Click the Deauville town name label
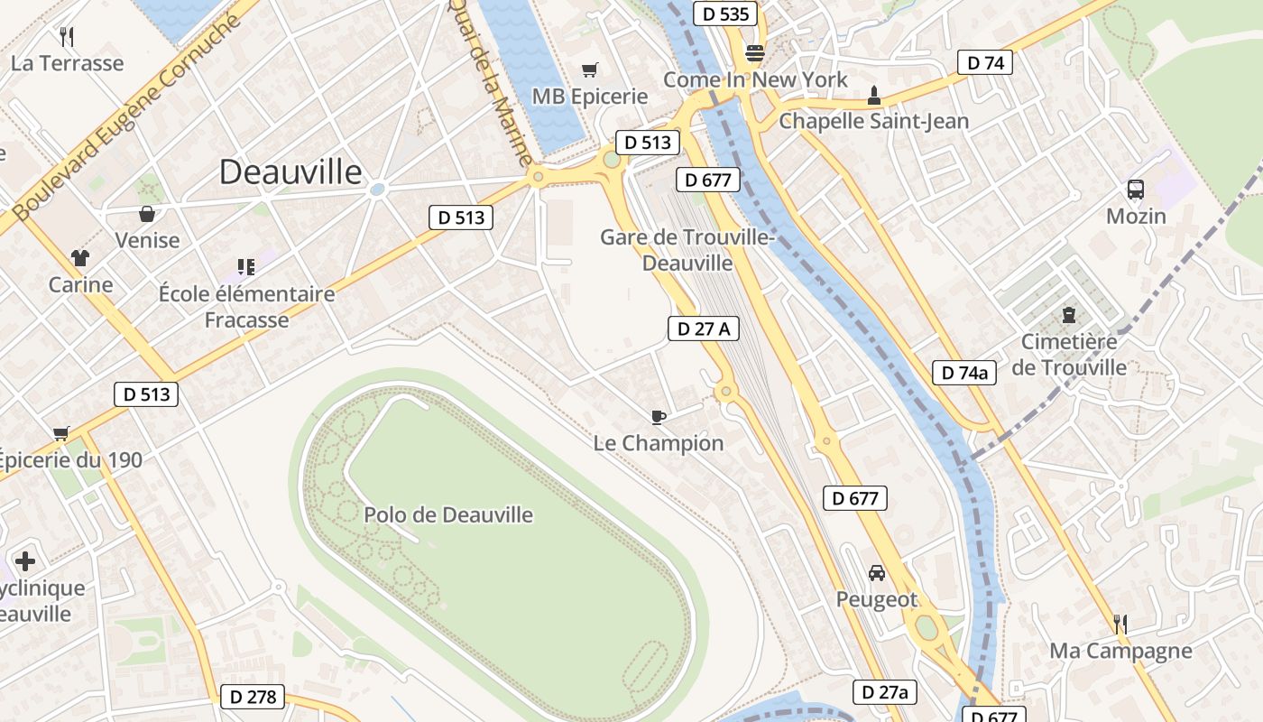point(290,171)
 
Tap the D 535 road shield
point(725,14)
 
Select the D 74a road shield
point(964,373)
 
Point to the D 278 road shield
point(253,697)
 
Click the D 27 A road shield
point(704,329)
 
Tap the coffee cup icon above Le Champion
point(659,416)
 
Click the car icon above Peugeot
point(876,573)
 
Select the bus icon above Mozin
point(1136,190)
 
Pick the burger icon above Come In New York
point(755,52)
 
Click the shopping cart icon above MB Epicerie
point(590,69)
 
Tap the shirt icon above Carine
point(80,258)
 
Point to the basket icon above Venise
point(147,214)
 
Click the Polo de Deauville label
point(448,515)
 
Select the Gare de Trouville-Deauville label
point(687,250)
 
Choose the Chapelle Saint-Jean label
point(873,121)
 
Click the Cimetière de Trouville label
point(1069,355)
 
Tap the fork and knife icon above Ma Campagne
point(1120,624)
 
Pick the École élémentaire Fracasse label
point(246,307)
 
